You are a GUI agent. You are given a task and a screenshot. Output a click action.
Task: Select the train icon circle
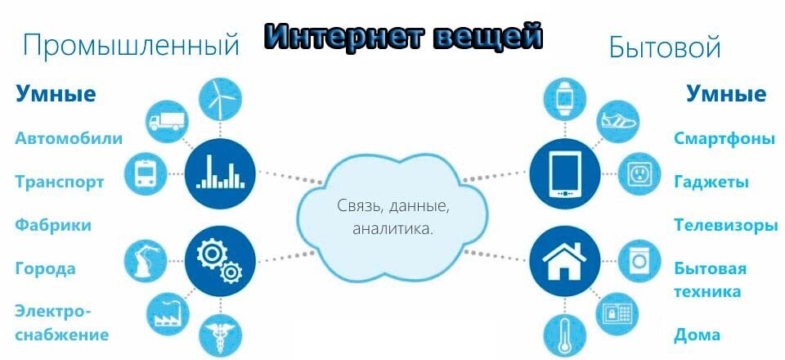pos(146,174)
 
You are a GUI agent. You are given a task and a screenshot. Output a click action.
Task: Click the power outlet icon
pos(637,174)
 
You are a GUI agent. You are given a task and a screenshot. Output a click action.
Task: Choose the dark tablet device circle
pos(562,173)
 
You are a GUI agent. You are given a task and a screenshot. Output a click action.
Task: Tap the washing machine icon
pos(637,262)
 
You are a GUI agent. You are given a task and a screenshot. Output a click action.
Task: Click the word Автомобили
pos(69,137)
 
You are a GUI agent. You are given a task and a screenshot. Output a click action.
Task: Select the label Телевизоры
pos(725,224)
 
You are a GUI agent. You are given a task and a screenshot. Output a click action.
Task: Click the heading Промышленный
pos(132,46)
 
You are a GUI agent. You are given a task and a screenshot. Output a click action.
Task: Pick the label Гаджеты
pos(711,182)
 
